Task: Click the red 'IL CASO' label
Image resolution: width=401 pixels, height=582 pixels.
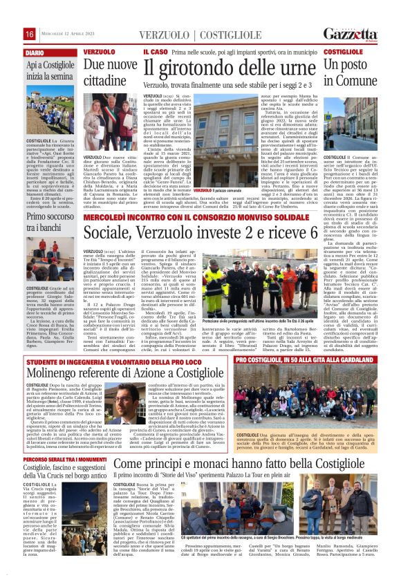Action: pyautogui.click(x=156, y=52)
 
